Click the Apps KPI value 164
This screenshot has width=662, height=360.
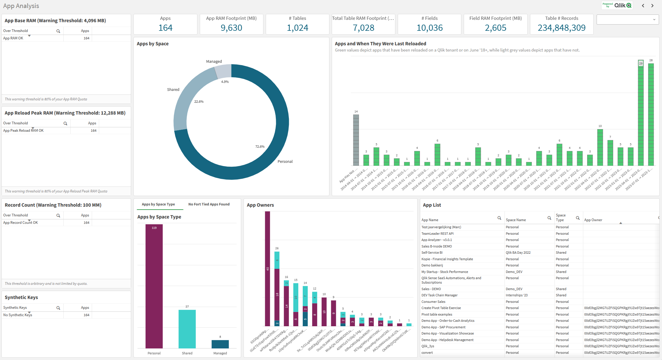(165, 28)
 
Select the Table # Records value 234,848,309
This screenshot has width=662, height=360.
(561, 28)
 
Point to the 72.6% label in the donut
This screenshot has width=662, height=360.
(260, 147)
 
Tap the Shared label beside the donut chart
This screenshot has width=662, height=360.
(173, 89)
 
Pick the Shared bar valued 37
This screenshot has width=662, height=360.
(187, 329)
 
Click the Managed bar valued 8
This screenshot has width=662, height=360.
(220, 344)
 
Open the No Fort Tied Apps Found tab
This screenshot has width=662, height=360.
(209, 204)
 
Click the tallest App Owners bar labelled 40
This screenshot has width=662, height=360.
(268, 269)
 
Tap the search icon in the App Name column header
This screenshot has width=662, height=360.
(499, 218)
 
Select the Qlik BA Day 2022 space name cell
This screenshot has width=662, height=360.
(518, 253)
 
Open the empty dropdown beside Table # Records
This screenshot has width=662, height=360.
(626, 20)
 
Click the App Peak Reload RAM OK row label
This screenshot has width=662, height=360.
(23, 131)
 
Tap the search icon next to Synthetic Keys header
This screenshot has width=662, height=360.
(58, 308)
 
